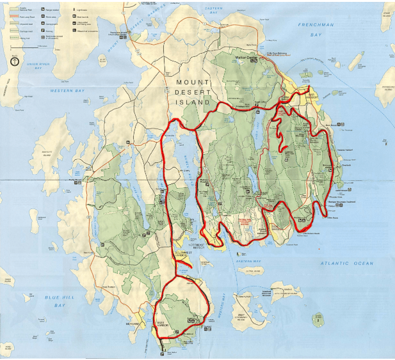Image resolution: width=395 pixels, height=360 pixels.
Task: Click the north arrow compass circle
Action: tap(15, 62)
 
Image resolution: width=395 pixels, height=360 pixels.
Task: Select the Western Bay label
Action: tap(67, 91)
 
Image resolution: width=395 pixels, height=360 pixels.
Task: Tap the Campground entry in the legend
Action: tap(51, 23)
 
